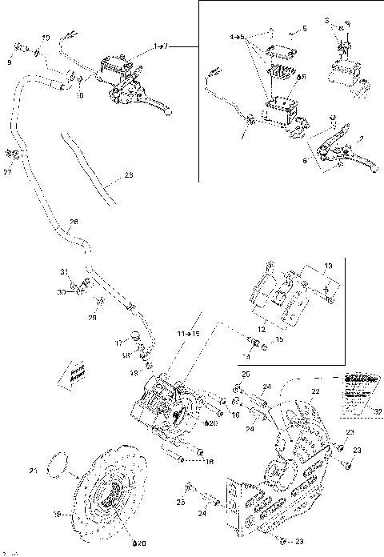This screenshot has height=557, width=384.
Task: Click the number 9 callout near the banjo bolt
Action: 10,62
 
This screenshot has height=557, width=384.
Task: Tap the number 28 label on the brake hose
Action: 74,222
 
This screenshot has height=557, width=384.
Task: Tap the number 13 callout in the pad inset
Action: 327,265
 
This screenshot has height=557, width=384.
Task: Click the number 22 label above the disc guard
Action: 315,391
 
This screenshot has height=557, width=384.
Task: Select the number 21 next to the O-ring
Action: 32,470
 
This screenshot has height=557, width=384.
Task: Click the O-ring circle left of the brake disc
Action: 57,462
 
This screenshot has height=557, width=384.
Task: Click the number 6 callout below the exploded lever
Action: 305,160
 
